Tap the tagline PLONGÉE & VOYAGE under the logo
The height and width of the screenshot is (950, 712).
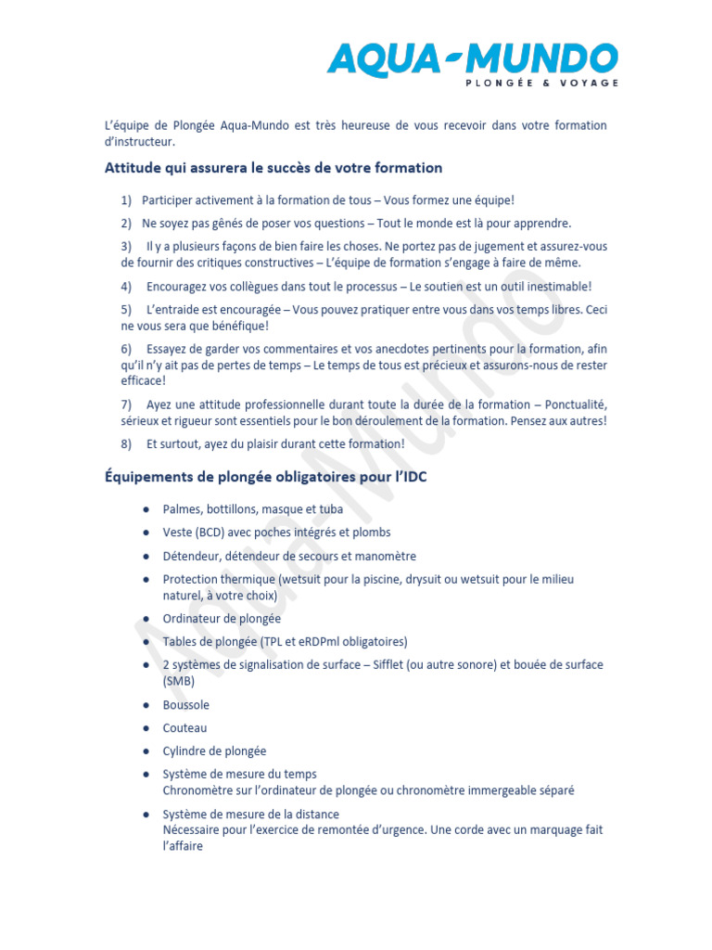tap(540, 83)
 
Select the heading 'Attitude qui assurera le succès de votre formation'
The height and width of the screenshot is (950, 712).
tap(273, 168)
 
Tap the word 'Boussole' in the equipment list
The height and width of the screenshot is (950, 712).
tap(185, 705)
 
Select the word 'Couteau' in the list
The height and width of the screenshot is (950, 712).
tap(184, 728)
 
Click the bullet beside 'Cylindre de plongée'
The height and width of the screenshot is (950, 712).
tap(147, 751)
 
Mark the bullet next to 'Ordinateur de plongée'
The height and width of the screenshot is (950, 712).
tap(147, 619)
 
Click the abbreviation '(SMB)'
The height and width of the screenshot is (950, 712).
tap(179, 681)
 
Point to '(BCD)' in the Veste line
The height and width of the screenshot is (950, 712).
tap(214, 533)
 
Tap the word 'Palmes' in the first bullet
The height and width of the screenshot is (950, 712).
tap(182, 509)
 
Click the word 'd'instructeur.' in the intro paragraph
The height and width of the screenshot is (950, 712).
tap(138, 142)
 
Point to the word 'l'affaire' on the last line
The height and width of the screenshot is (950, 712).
tap(183, 846)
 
